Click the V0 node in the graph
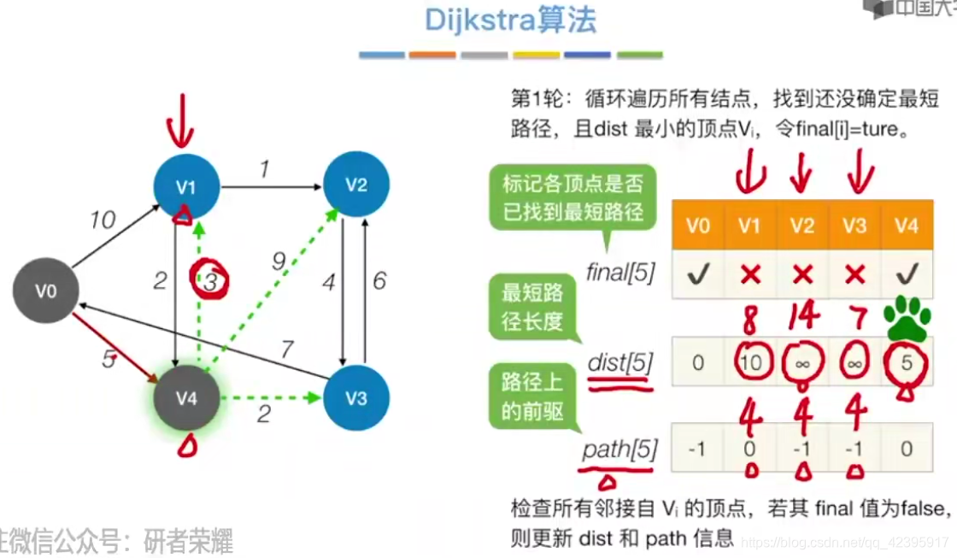pyautogui.click(x=45, y=291)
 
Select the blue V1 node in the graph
pyautogui.click(x=186, y=185)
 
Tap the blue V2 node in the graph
pyautogui.click(x=356, y=184)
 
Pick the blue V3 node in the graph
pyautogui.click(x=356, y=398)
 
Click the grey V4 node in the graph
pyautogui.click(x=186, y=398)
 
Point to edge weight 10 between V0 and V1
pyautogui.click(x=102, y=220)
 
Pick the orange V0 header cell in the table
pyautogui.click(x=698, y=226)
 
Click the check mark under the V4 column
pyautogui.click(x=907, y=273)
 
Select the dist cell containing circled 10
pyautogui.click(x=749, y=362)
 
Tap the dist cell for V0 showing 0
pyautogui.click(x=698, y=362)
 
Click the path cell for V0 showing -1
pyautogui.click(x=698, y=448)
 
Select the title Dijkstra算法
pyautogui.click(x=511, y=20)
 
